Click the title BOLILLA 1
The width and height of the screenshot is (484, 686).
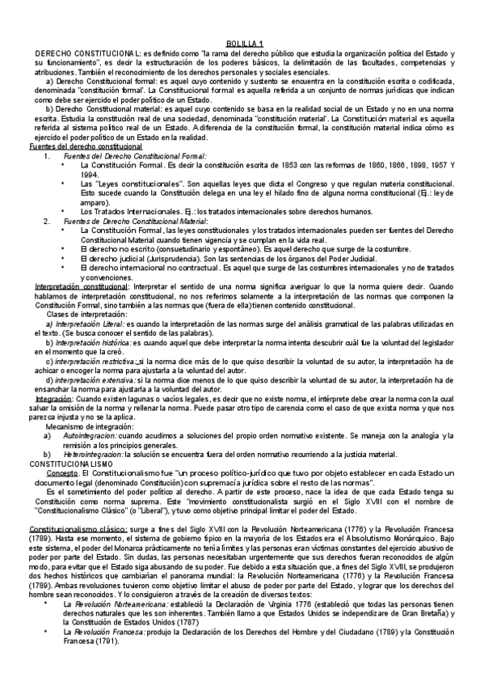242,43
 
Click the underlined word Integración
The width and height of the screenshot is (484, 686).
54,398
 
